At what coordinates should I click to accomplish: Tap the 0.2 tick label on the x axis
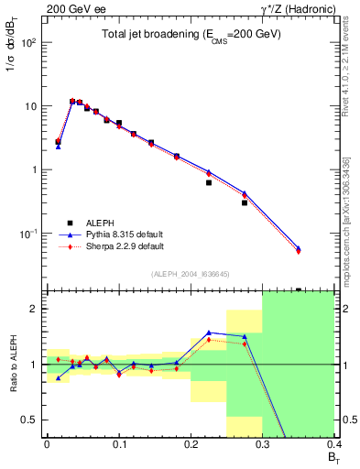click(191, 444)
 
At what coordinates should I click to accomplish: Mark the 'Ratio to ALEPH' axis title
click(12, 364)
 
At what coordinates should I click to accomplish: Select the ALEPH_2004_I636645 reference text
click(191, 274)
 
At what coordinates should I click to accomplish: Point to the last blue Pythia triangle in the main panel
click(323, 248)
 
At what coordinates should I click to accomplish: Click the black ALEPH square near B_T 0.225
click(209, 182)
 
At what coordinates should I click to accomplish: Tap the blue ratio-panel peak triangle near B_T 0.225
click(209, 333)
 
